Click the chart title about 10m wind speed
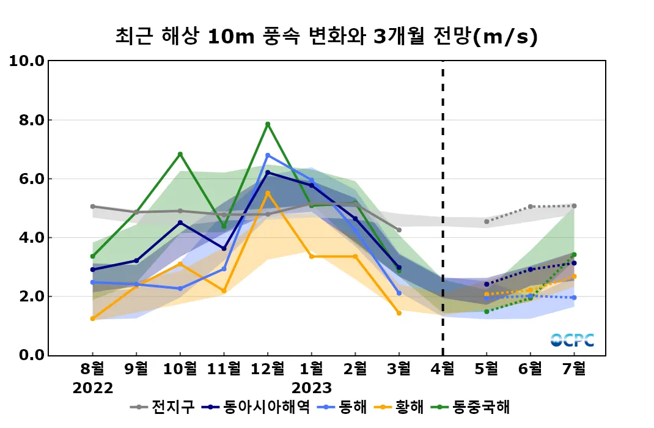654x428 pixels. (x=326, y=37)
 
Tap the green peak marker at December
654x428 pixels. (x=268, y=124)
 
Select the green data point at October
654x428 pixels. (x=180, y=154)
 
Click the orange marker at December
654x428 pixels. (x=268, y=193)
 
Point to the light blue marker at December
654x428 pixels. (x=268, y=155)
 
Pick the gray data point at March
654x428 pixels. (x=399, y=230)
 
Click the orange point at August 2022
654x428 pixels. (x=93, y=319)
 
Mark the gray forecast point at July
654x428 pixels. (x=575, y=206)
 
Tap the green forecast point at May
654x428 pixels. (x=487, y=311)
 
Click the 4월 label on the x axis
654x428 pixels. (x=443, y=369)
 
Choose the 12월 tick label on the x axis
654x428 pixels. (x=268, y=369)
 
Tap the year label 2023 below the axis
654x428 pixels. (x=312, y=388)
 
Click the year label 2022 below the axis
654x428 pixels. (x=93, y=388)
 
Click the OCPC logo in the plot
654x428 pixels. (x=571, y=340)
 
